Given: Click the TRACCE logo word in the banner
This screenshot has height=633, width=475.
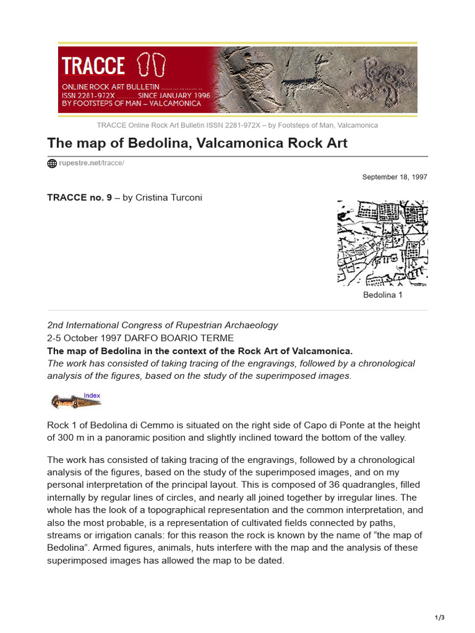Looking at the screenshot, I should click(93, 66).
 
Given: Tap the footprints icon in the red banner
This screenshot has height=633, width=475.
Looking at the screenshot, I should click(152, 65).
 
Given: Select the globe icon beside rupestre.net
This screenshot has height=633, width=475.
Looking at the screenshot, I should click(52, 163).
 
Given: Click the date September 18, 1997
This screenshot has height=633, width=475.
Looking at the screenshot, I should click(394, 177).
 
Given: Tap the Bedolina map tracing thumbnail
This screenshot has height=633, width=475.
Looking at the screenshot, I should click(382, 242).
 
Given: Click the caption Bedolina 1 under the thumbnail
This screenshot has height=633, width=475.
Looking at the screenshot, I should click(382, 295).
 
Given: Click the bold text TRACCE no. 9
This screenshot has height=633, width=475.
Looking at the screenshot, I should click(79, 198).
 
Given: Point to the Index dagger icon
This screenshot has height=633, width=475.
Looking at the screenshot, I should click(75, 401).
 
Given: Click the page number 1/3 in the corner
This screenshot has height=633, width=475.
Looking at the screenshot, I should click(439, 618).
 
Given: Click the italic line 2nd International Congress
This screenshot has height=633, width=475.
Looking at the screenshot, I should click(163, 325).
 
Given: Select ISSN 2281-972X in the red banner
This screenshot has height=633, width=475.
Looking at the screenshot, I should click(88, 96).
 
